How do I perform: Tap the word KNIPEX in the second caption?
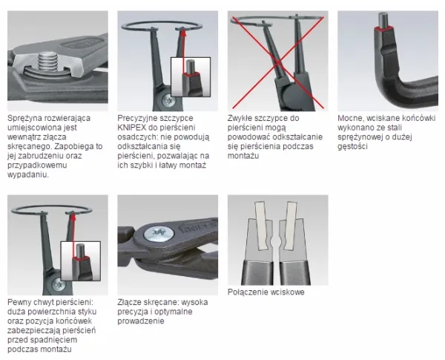coord(132,127)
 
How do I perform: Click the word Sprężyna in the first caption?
coord(24,118)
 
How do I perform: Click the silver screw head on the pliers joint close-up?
coord(159,233)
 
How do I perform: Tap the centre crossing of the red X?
coord(278,63)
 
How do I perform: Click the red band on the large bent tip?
coord(383,28)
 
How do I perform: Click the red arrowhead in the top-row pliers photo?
coord(184,33)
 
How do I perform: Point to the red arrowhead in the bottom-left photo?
coord(73,217)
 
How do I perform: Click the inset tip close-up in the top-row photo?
coord(191,76)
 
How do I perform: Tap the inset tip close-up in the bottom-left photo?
coord(81,261)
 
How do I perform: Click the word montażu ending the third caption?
coord(243,156)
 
